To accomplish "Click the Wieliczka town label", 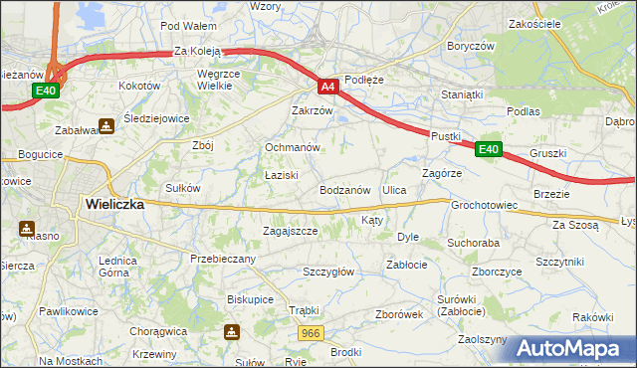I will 114,203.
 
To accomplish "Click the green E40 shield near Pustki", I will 487,149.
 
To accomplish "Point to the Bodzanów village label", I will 345,189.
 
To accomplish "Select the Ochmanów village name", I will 292,147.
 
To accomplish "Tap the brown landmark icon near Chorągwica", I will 232,332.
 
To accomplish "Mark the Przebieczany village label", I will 223,259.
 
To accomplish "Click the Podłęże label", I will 363,79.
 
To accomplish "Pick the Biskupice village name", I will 250,297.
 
